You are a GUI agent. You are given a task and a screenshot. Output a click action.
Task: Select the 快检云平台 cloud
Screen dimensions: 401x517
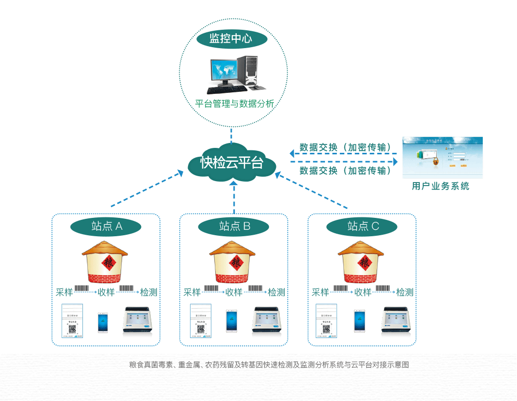[232, 163]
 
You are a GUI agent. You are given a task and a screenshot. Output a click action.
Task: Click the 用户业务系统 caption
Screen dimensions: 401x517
[440, 186]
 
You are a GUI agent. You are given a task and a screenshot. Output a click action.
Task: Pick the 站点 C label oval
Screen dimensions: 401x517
[362, 226]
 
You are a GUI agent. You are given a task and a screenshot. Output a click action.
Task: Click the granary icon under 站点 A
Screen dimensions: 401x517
[105, 263]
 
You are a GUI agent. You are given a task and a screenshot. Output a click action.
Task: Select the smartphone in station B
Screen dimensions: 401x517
[232, 321]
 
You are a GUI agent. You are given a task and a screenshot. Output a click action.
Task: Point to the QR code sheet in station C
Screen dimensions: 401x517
[326, 321]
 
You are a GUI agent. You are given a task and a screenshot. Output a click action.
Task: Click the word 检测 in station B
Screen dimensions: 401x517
[276, 292]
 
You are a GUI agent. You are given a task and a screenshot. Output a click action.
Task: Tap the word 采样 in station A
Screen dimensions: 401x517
[65, 292]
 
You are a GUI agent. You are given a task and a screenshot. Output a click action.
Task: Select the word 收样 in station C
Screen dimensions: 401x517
[363, 292]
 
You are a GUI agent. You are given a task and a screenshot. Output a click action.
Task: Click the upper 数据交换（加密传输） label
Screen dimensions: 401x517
[345, 147]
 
